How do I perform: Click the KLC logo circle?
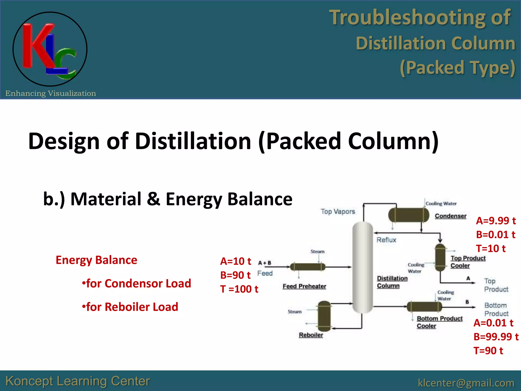coord(50,49)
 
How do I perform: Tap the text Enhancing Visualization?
coord(51,93)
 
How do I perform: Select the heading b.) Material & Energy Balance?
coord(168,199)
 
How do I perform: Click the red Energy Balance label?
coord(96,260)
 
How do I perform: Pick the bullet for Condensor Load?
coord(137,284)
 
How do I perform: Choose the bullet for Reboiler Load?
coord(130,307)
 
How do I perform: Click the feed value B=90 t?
coord(235,275)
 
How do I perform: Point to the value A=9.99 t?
coord(496,221)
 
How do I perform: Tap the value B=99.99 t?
coord(496,337)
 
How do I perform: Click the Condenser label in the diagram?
coord(451,216)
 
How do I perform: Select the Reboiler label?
coord(311,335)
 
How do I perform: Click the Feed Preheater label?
coord(304,286)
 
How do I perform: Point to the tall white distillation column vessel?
coord(363,267)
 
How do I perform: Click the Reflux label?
coord(386,240)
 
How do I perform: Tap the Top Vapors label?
coord(338,212)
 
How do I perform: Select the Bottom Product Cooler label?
coord(439,322)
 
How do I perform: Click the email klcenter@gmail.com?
coord(466,383)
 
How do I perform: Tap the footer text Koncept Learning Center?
coord(78,381)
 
